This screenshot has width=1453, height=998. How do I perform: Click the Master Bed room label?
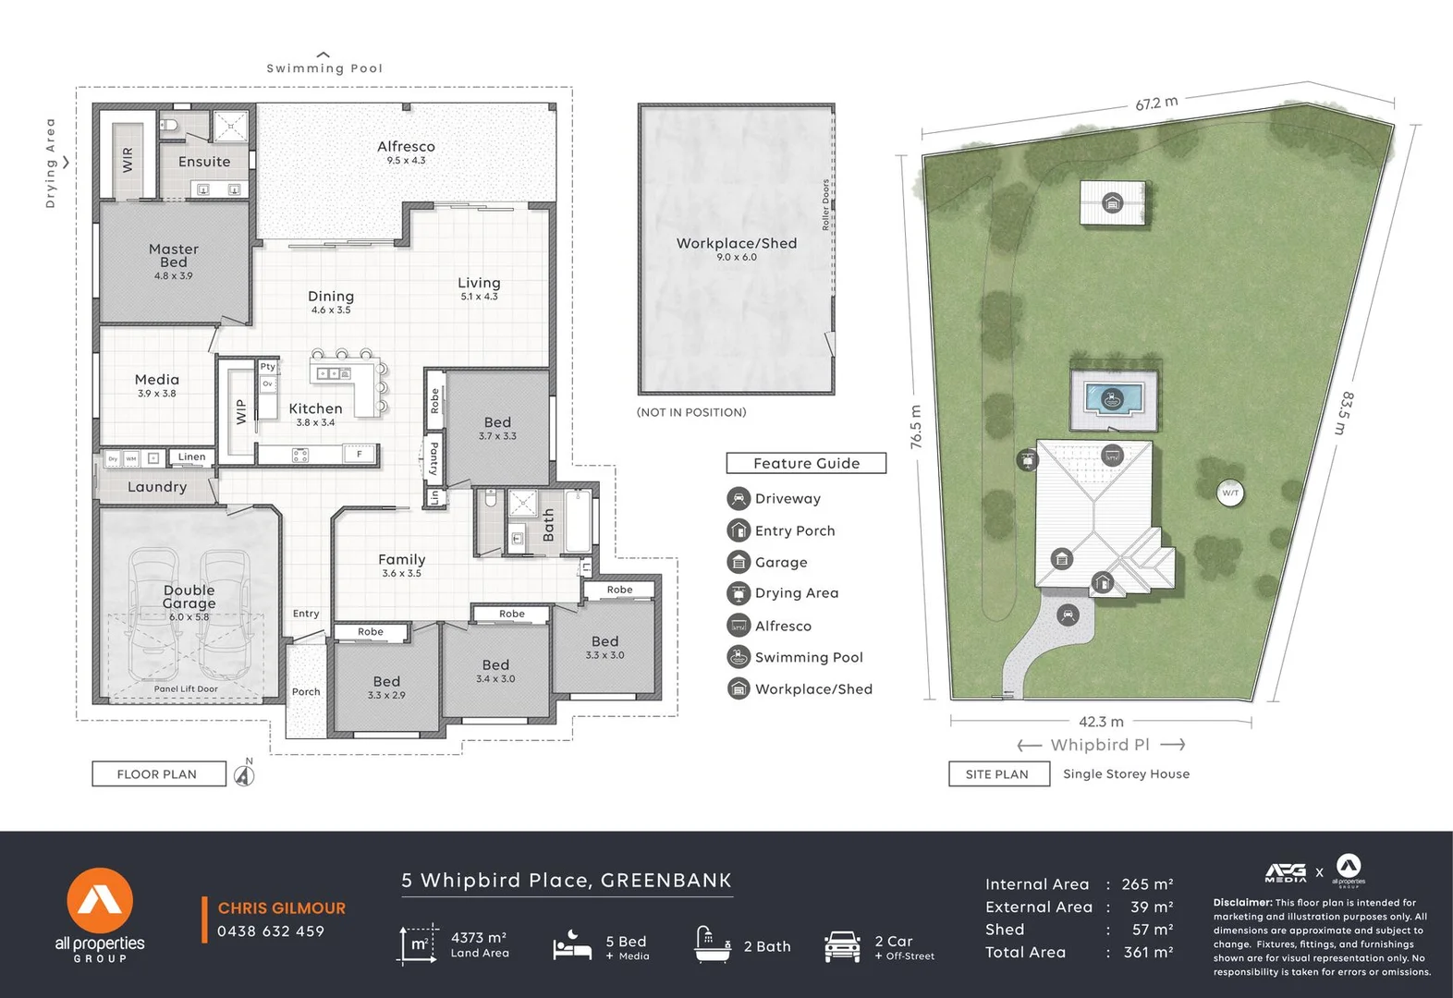click(174, 256)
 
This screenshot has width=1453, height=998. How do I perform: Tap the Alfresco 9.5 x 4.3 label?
click(406, 152)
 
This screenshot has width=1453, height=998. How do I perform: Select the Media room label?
click(157, 381)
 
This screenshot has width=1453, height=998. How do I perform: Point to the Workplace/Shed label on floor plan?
click(737, 244)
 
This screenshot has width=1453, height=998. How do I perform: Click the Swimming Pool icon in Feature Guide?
click(739, 657)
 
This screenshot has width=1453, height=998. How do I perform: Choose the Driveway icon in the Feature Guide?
click(739, 499)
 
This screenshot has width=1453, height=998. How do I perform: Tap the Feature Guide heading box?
click(806, 463)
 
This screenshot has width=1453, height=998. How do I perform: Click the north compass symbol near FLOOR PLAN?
click(244, 774)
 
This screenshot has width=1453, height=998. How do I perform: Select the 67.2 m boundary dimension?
click(1156, 103)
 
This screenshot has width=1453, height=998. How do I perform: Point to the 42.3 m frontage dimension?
click(1101, 722)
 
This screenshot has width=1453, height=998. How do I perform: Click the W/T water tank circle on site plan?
click(1230, 493)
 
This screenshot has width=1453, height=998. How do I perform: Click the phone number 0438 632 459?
click(271, 931)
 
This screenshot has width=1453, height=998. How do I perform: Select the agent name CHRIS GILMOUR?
click(282, 908)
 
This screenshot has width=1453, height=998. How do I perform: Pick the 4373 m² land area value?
click(478, 937)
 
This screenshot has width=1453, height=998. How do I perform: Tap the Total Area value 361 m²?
click(1148, 952)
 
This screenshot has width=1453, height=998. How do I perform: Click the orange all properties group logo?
click(100, 901)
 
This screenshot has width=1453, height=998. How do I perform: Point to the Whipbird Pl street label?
click(1101, 745)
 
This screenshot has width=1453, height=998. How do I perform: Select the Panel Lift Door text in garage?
click(186, 688)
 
